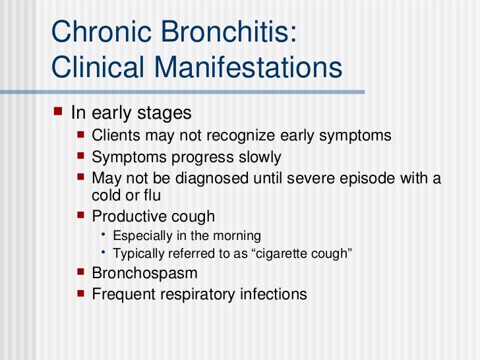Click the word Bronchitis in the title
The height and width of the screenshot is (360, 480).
223,33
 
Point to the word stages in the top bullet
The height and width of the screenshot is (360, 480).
163,113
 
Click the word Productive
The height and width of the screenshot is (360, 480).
129,216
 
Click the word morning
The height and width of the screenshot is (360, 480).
237,236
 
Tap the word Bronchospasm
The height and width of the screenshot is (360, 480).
145,273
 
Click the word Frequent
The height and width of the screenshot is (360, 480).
121,293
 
